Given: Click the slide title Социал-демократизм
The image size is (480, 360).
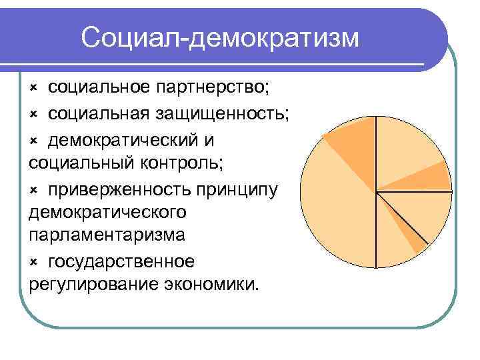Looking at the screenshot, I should click(x=220, y=38).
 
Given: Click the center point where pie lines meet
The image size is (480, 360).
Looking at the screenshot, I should click(x=377, y=192).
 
